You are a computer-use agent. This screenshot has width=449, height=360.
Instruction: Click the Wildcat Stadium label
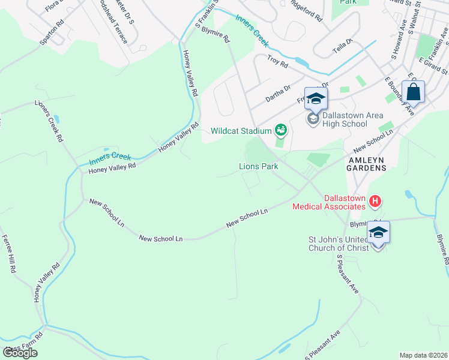click(x=241, y=130)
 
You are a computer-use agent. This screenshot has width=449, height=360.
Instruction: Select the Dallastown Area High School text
click(x=345, y=119)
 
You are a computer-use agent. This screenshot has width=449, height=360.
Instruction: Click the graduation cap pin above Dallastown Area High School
click(x=316, y=99)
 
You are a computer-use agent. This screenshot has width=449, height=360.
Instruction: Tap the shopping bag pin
click(x=413, y=92)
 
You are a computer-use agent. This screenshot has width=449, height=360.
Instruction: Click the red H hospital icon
click(x=375, y=201)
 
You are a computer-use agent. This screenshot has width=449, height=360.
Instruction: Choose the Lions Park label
click(x=259, y=166)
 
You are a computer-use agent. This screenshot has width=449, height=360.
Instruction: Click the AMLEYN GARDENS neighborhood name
click(x=367, y=164)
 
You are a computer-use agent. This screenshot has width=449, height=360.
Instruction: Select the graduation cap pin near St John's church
click(x=378, y=233)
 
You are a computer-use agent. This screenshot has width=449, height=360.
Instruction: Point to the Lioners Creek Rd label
click(x=49, y=119)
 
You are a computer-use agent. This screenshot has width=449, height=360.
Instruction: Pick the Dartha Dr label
click(x=279, y=89)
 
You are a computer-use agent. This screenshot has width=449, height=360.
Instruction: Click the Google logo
click(x=20, y=353)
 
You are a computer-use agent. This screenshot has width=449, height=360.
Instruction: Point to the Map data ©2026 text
click(x=424, y=355)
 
